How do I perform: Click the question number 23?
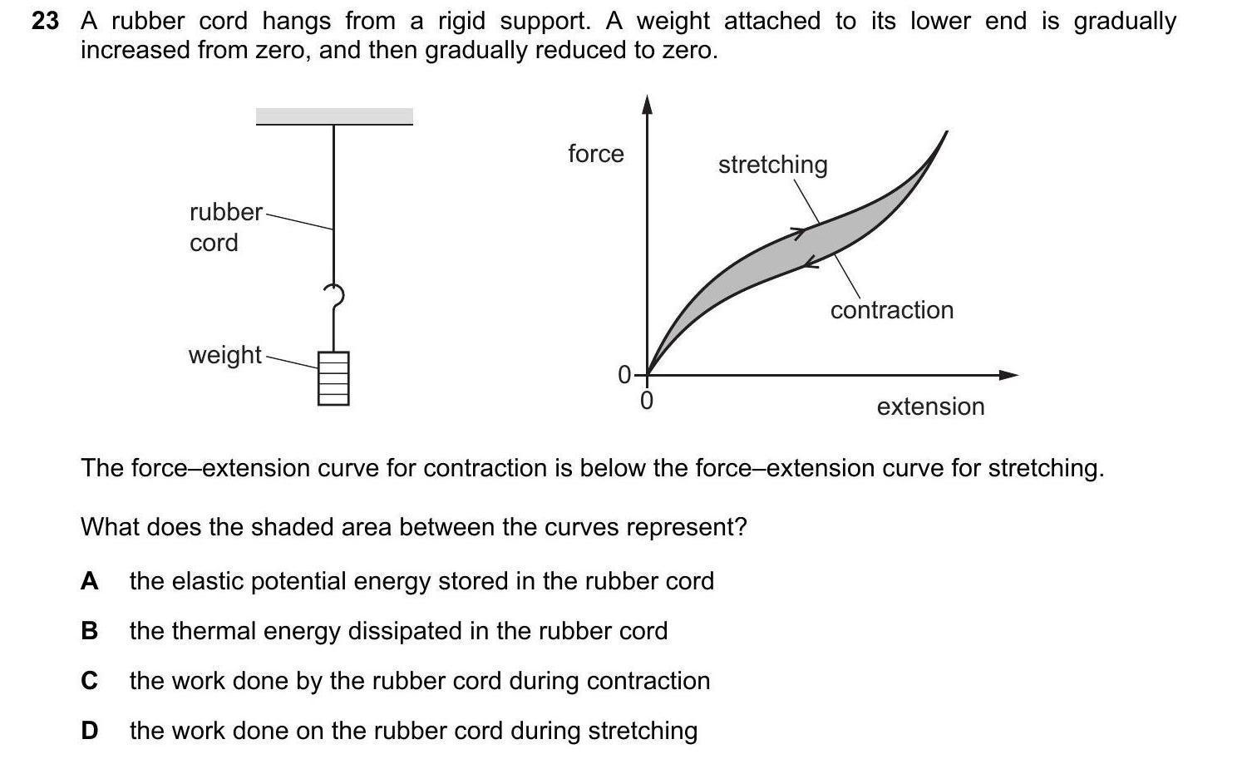point(46,22)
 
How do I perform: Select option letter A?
point(89,581)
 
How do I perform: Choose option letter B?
point(89,631)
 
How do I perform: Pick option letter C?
point(89,681)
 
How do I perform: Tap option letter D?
point(89,731)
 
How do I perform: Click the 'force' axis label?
point(595,154)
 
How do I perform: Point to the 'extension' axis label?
point(930,407)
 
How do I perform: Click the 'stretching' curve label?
point(772,165)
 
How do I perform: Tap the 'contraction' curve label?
point(891,310)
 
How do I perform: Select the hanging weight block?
point(333,378)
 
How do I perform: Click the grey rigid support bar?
point(334,116)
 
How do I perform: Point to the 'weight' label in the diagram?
point(224,355)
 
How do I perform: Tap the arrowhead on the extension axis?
point(1008,375)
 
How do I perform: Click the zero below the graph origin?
point(647,402)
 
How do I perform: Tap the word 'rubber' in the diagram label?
point(225,212)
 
